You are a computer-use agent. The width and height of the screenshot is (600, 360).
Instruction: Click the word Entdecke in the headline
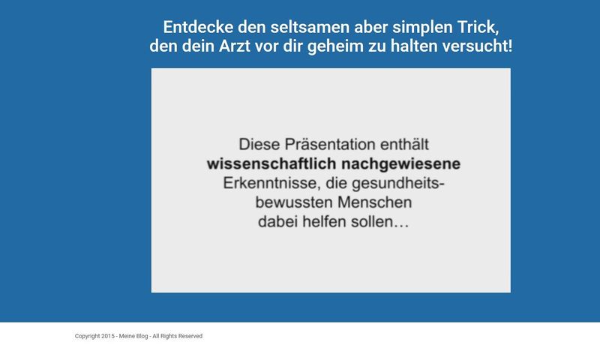click(193, 28)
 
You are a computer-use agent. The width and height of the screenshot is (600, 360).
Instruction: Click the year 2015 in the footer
click(109, 336)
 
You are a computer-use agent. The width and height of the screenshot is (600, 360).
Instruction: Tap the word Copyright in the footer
click(88, 336)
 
